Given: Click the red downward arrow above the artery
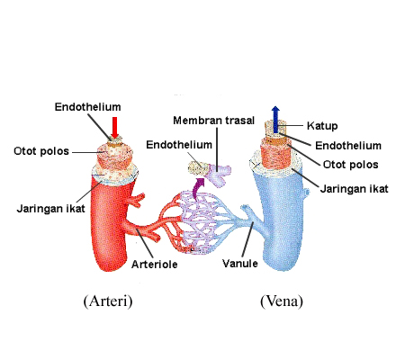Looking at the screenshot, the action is pos(114,128).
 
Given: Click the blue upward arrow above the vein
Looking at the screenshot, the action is pos(275,120).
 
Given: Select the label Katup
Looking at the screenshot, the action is pos(322,126).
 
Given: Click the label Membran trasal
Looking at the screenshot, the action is pos(214,121).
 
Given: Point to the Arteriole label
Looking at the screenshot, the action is pos(155,265).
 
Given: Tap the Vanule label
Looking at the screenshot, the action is pos(240,264).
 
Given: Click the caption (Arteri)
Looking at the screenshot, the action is pos(108,301).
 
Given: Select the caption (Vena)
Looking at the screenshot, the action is pos(282,301).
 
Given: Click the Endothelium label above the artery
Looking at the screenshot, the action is pos(87,107).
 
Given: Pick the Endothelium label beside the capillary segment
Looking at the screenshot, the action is pos(179,145).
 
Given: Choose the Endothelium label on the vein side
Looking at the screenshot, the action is pos(348,146).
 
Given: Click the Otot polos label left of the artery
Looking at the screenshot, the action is pos(41,151).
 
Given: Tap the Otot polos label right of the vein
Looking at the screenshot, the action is pos(350,165).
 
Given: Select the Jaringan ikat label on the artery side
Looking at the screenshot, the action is pos(51,208).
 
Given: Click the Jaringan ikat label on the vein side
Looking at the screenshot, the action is pos(355,189).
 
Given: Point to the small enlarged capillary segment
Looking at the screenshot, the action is pos(210,173).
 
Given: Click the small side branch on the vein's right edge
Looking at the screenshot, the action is pos(305,192).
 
